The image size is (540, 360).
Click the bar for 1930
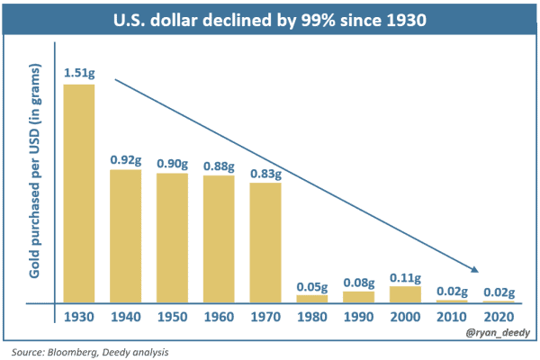(79, 193)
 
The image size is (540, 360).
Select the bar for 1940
(126, 236)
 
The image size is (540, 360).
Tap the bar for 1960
(219, 238)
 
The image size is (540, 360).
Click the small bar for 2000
(405, 294)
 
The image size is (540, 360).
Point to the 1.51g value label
(78, 73)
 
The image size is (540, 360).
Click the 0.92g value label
(126, 159)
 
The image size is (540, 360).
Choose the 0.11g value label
(405, 277)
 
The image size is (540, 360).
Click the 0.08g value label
(359, 282)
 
